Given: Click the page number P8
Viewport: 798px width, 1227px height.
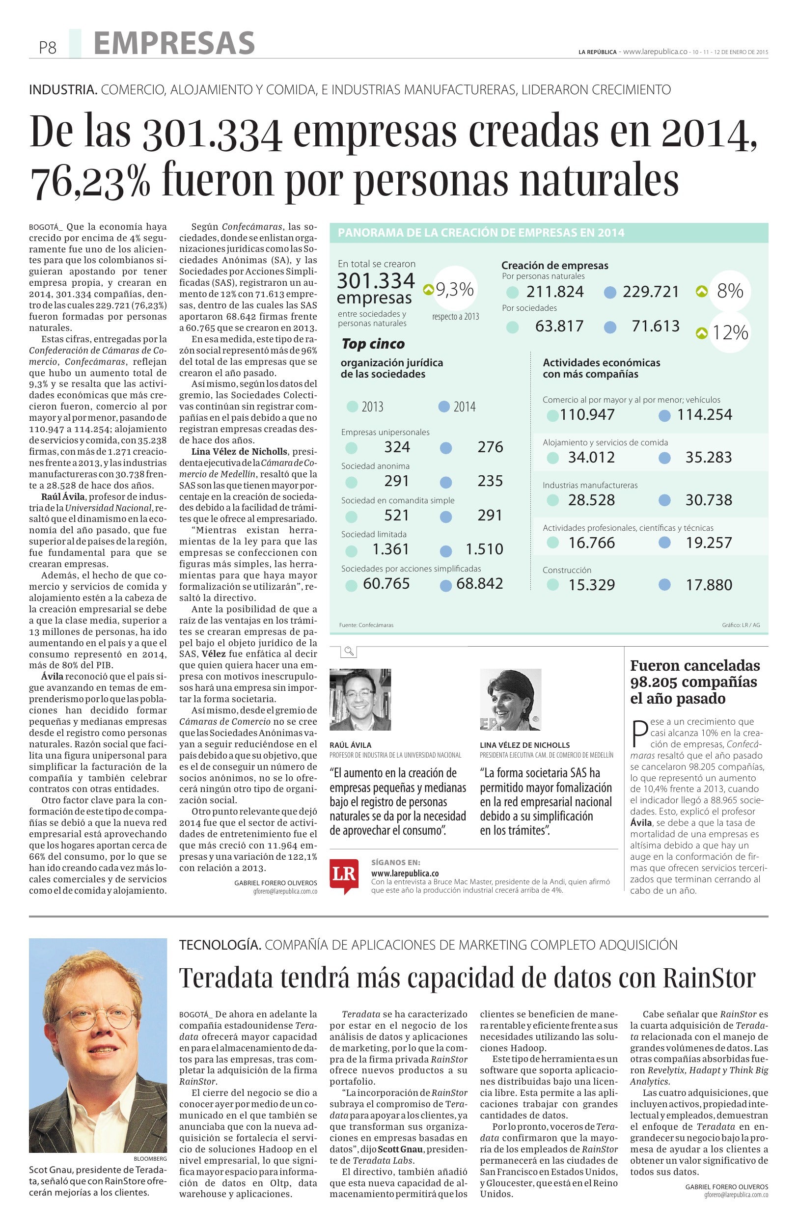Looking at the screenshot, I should click(47, 48).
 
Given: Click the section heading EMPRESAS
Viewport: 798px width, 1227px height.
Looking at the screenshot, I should click(174, 42).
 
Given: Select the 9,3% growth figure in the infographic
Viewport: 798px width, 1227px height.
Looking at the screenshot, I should click(454, 290).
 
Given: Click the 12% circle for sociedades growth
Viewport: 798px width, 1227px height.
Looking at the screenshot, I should click(729, 333).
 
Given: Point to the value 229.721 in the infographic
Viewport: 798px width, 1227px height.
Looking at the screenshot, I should click(651, 292).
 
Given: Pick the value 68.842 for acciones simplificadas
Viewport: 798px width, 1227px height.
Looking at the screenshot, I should click(479, 584).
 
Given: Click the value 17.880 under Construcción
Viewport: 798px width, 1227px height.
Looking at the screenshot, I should click(708, 585).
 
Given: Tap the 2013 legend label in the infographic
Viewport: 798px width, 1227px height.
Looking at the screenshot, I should click(372, 407).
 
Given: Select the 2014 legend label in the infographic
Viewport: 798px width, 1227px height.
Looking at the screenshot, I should click(464, 407).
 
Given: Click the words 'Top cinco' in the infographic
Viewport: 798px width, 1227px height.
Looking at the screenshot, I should click(373, 344).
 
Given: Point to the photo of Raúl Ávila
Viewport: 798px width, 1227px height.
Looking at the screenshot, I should click(360, 700).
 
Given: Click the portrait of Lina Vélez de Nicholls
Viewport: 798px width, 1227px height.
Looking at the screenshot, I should click(510, 700).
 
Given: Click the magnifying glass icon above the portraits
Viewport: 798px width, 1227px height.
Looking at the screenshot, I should click(349, 652).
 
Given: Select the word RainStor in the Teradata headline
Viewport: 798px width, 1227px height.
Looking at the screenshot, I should click(708, 977).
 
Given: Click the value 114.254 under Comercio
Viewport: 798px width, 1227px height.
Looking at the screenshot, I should click(704, 414).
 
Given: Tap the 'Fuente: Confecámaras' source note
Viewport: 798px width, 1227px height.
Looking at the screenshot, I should click(366, 626).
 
